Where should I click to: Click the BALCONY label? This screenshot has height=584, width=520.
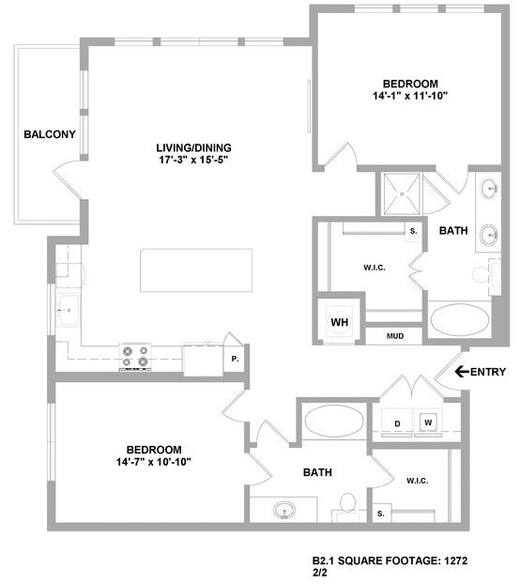[x=50, y=134]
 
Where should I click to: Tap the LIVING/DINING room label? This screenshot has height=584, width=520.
[x=193, y=147]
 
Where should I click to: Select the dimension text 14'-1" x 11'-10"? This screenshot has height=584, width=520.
[x=410, y=96]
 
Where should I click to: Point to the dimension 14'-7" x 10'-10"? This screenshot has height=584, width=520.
[x=154, y=462]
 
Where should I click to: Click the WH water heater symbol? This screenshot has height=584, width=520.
[x=340, y=321]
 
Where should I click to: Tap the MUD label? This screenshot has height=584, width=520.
[x=395, y=336]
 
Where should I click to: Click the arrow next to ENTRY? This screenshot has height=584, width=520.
[x=462, y=371]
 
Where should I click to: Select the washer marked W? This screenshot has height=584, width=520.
[x=428, y=423]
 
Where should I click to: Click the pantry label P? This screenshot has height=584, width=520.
[x=235, y=359]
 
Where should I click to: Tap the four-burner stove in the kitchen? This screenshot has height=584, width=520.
[x=135, y=357]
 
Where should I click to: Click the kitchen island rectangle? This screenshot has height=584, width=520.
[x=196, y=270]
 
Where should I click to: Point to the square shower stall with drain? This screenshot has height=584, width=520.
[x=402, y=194]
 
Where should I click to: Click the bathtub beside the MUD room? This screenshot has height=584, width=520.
[x=460, y=320]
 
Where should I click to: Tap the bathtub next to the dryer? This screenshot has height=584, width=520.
[x=334, y=421]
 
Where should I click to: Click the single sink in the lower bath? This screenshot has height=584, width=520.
[x=284, y=510]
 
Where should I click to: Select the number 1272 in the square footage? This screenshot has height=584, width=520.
[x=456, y=561]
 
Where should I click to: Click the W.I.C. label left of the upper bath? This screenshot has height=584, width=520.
[x=375, y=268]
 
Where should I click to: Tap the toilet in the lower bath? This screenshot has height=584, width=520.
[x=347, y=507]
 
